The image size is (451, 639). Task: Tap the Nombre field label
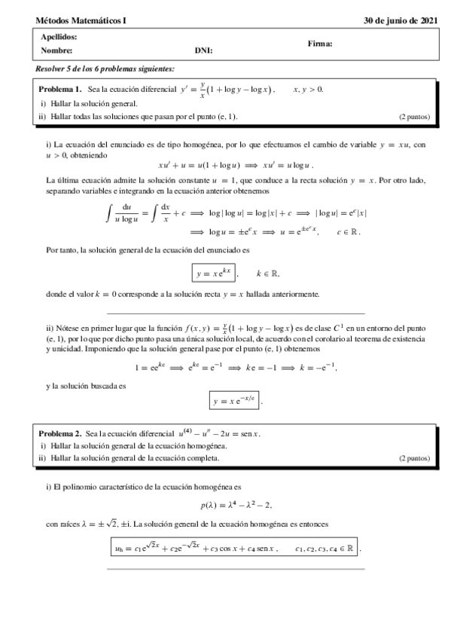(56, 50)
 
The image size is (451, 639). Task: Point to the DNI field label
(203, 50)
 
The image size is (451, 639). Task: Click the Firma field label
(320, 44)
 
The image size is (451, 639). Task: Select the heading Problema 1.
(59, 89)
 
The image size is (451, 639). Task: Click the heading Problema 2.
(59, 434)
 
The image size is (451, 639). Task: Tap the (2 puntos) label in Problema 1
(414, 117)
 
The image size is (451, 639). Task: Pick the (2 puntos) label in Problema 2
(414, 457)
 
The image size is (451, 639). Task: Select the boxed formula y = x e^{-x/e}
(236, 402)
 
